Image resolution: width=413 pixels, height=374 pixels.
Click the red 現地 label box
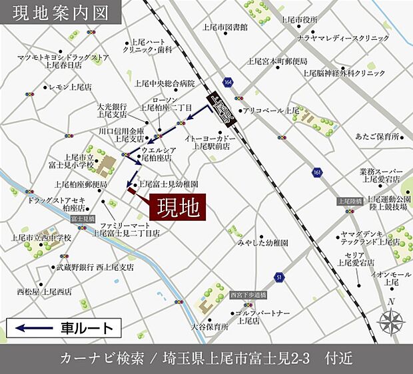(178, 208)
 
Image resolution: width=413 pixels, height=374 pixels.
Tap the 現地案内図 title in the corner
(51, 12)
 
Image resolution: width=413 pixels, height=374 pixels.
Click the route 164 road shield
(228, 81)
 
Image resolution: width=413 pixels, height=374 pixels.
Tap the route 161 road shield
(316, 172)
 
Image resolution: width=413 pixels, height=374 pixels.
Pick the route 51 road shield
(278, 276)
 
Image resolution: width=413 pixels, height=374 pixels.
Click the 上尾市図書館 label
(225, 27)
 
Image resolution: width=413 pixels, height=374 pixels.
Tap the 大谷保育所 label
(210, 327)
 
